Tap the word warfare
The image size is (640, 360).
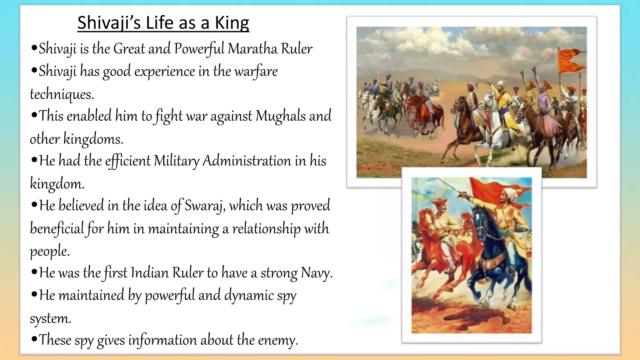pos(256,72)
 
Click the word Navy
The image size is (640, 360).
pos(316,273)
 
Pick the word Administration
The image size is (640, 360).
pos(247,161)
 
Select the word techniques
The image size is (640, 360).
pos(62,94)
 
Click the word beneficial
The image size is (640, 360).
pos(57,228)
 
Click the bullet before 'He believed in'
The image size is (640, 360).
pos(34,205)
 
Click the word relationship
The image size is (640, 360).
pos(267,228)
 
